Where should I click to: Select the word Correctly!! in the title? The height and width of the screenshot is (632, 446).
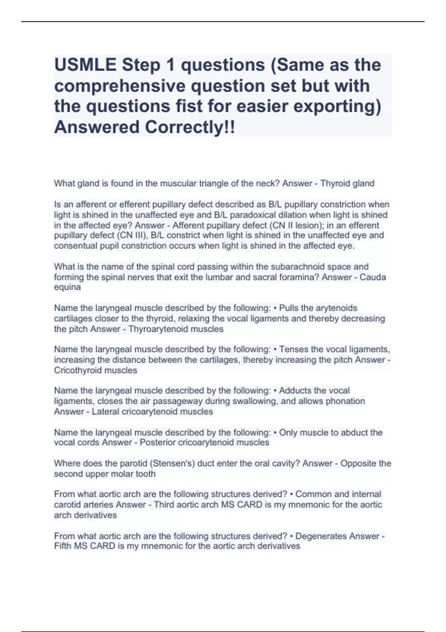[x=190, y=127]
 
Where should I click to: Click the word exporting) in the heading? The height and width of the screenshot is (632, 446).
[x=337, y=106]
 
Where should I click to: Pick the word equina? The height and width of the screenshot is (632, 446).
[x=67, y=287]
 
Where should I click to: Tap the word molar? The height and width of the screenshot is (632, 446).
[x=130, y=474]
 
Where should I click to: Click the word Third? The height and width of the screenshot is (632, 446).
[x=165, y=504]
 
